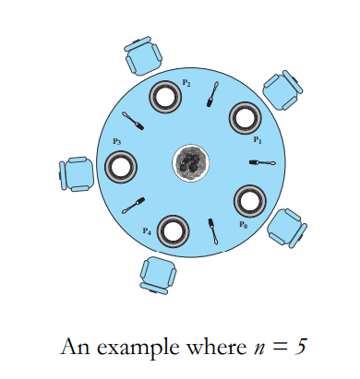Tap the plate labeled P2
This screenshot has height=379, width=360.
coord(166,95)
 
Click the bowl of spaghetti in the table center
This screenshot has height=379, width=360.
coord(192,162)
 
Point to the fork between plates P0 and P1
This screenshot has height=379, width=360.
coord(264,162)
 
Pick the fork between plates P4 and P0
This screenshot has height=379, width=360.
coord(213,231)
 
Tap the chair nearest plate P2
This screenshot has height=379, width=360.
coord(143,56)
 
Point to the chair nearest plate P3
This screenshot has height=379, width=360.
coord(76,173)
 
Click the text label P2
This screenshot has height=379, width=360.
coord(186,83)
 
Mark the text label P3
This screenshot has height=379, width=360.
coord(116,141)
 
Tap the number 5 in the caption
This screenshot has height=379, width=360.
coord(300,349)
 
